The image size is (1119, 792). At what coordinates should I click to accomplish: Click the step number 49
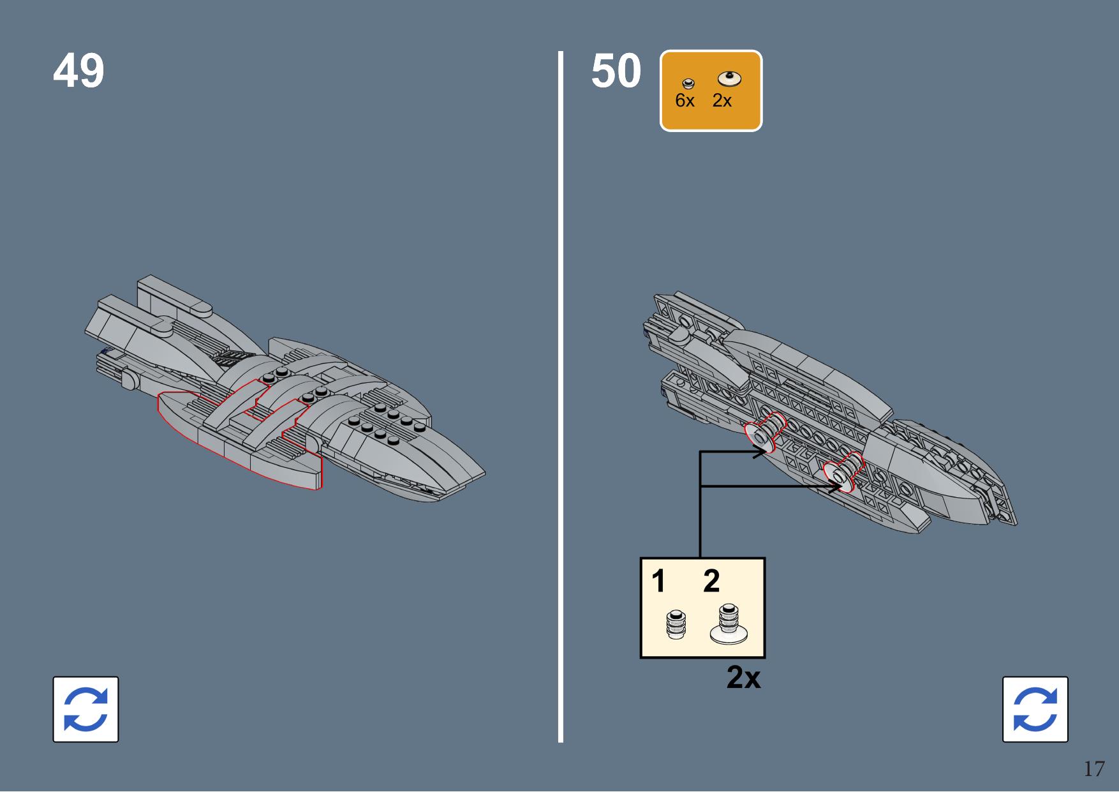(x=78, y=71)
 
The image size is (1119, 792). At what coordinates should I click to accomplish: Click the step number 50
(x=616, y=71)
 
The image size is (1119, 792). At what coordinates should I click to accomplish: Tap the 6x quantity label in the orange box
(x=685, y=101)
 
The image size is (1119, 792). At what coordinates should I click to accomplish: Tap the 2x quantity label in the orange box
(x=722, y=101)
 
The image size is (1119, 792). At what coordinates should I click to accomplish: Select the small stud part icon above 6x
(x=688, y=84)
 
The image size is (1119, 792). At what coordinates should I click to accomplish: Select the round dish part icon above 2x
(x=729, y=78)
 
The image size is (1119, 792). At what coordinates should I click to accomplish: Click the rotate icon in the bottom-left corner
(x=85, y=709)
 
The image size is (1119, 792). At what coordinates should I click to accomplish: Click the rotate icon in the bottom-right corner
(x=1035, y=709)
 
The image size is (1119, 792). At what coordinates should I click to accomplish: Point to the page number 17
(x=1093, y=768)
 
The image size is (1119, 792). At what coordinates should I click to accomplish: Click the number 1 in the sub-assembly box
(x=658, y=581)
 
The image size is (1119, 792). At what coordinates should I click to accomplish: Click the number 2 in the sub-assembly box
(x=711, y=581)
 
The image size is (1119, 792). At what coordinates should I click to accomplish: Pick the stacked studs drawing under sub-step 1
(x=676, y=624)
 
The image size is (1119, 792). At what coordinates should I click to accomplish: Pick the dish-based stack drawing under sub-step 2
(x=729, y=624)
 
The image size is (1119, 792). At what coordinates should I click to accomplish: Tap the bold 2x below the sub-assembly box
(x=743, y=677)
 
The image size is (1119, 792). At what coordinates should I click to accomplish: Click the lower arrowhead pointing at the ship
(x=836, y=487)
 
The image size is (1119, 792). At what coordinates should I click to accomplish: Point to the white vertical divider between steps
(x=561, y=396)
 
